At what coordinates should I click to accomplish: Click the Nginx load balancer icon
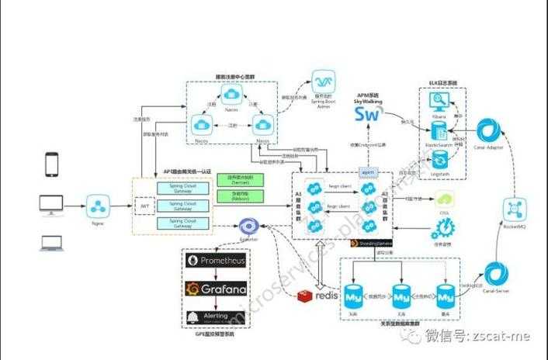coord(99,207)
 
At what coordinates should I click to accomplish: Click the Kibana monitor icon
coord(439,102)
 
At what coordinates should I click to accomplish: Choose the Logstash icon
coord(439,159)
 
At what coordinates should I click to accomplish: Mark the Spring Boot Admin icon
coord(322,83)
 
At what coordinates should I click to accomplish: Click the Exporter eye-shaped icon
coord(249,226)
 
